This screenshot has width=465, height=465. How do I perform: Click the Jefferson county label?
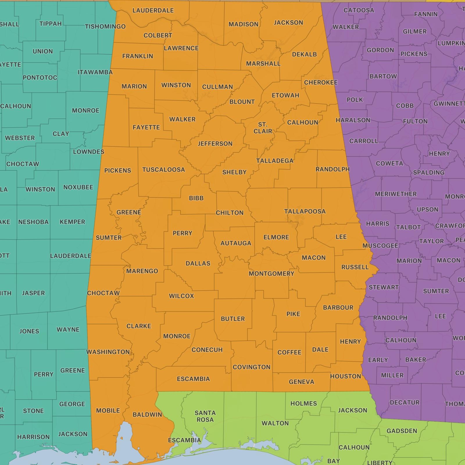point(215,144)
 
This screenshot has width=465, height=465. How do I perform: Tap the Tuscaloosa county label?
point(163,169)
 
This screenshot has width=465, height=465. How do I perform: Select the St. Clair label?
point(263,128)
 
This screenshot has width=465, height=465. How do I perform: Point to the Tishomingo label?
point(105,26)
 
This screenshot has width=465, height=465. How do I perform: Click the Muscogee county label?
point(380,246)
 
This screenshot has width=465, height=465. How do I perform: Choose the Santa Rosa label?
point(205,416)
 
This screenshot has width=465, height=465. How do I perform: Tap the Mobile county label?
point(108,410)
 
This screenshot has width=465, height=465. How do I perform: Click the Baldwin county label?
point(147,415)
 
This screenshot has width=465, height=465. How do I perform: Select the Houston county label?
point(346,376)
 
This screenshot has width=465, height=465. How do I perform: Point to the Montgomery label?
point(271,273)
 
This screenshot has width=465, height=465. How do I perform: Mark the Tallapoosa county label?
point(305,211)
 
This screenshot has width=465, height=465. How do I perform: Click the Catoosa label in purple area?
point(359,10)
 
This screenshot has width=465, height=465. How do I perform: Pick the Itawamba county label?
point(95,72)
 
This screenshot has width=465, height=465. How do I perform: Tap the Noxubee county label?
point(78,187)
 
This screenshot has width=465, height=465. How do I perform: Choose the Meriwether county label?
point(396,194)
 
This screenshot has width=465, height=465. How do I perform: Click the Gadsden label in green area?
point(402,431)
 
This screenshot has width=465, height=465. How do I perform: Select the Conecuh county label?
point(207,350)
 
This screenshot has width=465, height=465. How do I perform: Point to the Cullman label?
point(217,87)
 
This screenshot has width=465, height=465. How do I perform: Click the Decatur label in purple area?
point(405,402)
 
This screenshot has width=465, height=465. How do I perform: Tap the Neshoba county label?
point(33,222)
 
